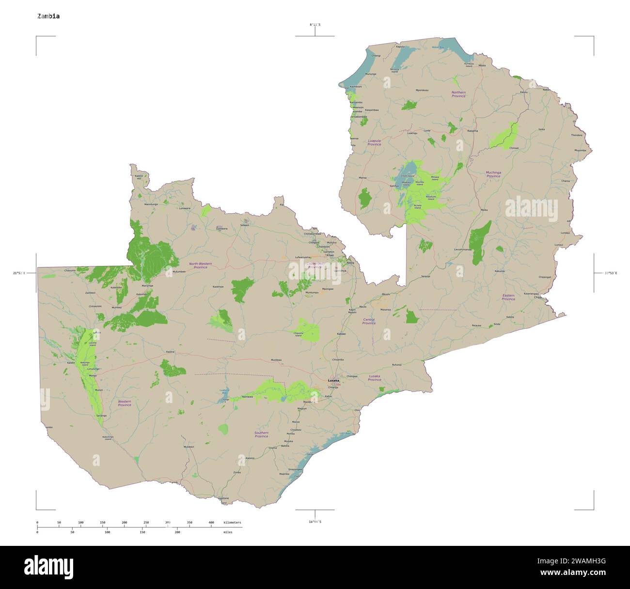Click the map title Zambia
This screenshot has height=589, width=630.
(48, 16)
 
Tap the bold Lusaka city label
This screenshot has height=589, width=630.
(333, 381)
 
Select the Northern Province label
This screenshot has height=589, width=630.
(458, 94)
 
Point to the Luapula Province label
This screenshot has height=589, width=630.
(374, 142)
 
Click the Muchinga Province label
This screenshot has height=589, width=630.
(493, 174)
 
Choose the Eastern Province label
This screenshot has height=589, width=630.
(508, 297)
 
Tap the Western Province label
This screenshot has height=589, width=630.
(125, 403)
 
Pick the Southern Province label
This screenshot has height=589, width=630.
(261, 434)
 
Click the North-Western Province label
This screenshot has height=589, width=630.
(200, 265)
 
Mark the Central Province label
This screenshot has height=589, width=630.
(369, 321)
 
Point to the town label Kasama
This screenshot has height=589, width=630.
(472, 131)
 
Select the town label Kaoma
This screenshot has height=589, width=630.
(170, 352)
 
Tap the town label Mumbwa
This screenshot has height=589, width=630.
(276, 360)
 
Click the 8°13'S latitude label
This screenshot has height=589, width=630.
(315, 24)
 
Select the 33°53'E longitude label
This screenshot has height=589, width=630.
(611, 273)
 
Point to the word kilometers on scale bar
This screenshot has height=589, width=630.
(232, 523)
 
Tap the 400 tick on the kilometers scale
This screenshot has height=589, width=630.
(211, 523)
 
